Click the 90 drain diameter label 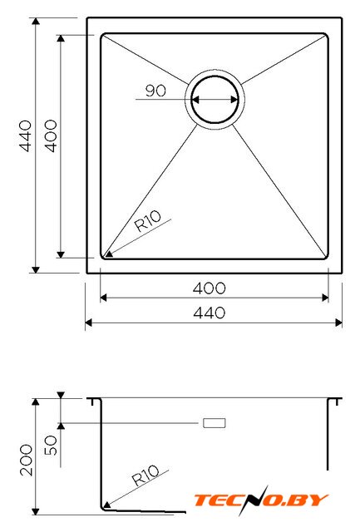pyautogui.click(x=155, y=91)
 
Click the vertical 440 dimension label pyautogui.click(x=26, y=135)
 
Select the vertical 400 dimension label pyautogui.click(x=51, y=135)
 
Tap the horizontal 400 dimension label pyautogui.click(x=209, y=288)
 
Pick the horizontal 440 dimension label pyautogui.click(x=209, y=313)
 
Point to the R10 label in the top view pyautogui.click(x=148, y=221)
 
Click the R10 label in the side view pyautogui.click(x=145, y=475)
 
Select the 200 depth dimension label pyautogui.click(x=26, y=460)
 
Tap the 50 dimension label pyautogui.click(x=51, y=446)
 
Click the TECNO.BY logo pyautogui.click(x=261, y=500)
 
